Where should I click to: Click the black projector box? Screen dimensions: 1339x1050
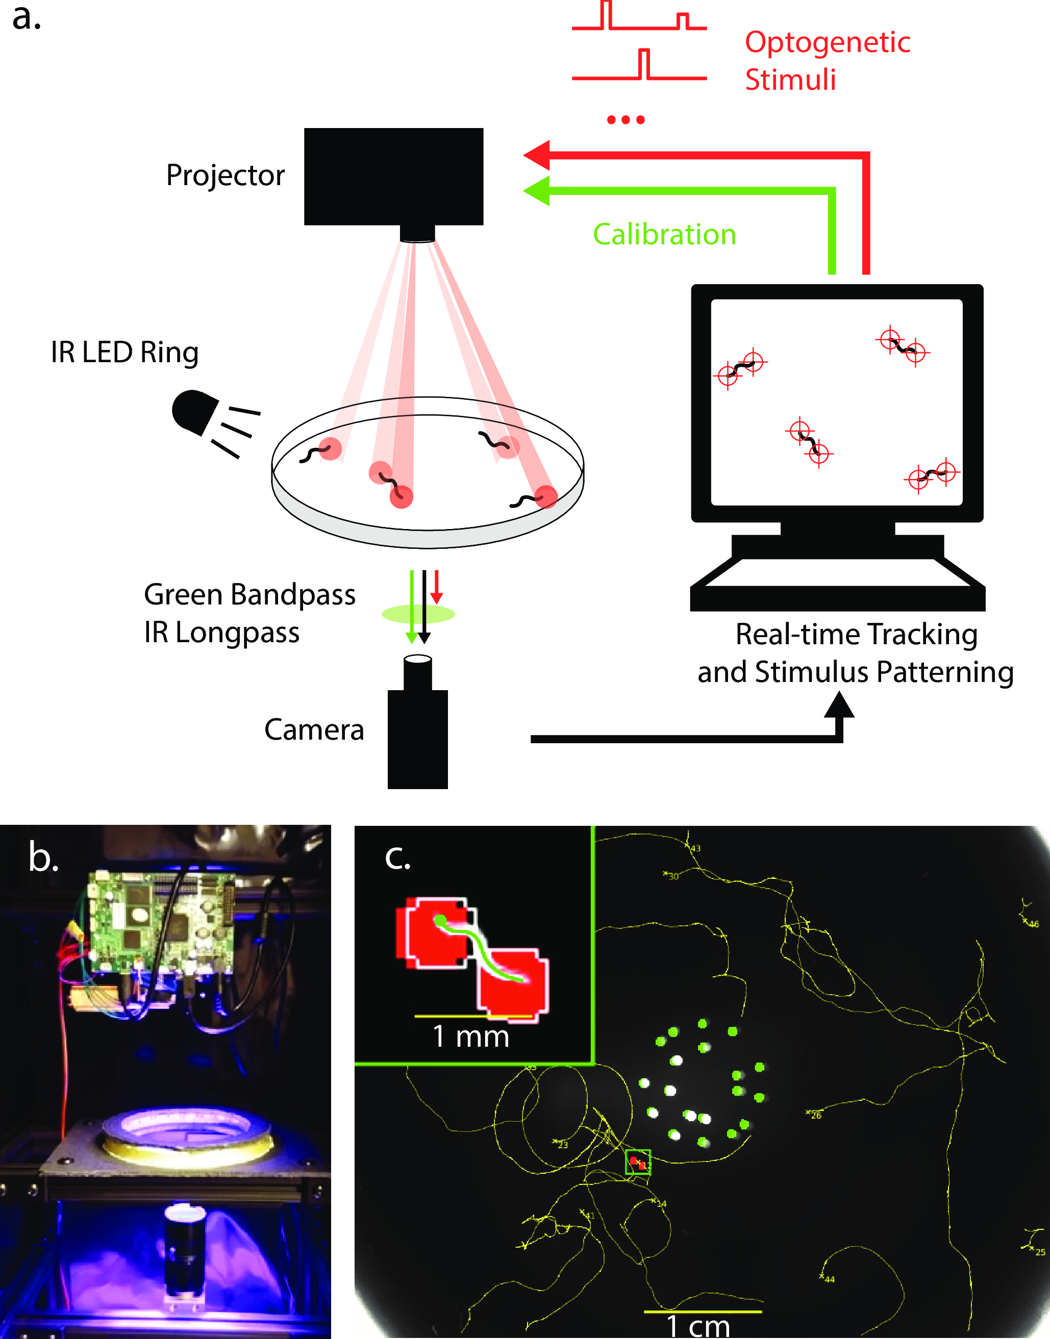pos(393,176)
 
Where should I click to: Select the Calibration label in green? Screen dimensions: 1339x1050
pos(664,235)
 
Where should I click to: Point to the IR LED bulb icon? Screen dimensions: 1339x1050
pos(194,411)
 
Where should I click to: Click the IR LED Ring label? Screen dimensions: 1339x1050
pos(125,352)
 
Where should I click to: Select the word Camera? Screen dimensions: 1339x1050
pos(314,730)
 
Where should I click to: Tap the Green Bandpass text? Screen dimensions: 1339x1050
pos(249,595)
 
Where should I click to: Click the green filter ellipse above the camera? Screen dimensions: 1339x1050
pos(418,613)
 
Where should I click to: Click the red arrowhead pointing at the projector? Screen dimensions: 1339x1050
pos(536,156)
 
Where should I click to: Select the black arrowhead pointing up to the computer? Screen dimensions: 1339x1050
pos(839,705)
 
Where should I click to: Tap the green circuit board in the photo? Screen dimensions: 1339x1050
pos(160,922)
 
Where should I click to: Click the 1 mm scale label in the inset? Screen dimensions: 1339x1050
pos(471,1037)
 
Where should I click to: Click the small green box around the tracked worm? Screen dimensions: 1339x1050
pos(638,1162)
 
